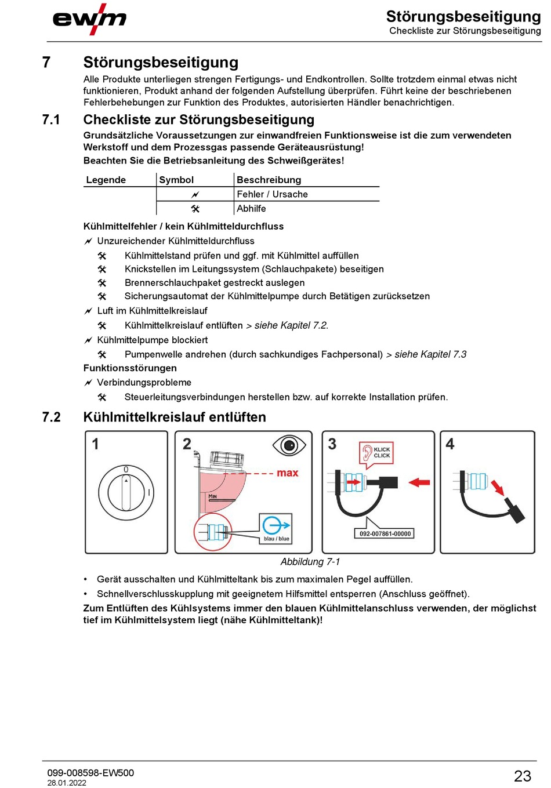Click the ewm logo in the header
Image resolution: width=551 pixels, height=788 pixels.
point(89,19)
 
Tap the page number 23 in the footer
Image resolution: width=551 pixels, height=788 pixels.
point(522,776)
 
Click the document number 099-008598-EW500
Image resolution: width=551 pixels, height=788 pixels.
point(90,772)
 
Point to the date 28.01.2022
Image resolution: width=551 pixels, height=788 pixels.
point(67,783)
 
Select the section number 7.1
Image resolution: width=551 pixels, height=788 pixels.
point(51,120)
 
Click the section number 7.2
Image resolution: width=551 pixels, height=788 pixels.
point(51,417)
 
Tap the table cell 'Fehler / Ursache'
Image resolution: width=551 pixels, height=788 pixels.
point(272,194)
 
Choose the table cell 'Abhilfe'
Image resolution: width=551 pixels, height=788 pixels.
point(251,209)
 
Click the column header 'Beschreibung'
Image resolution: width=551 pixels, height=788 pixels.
point(269,180)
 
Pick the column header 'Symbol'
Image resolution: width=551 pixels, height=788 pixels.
point(176,180)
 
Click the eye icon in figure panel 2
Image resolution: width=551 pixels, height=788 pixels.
point(289,445)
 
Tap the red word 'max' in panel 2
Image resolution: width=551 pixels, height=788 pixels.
point(287,473)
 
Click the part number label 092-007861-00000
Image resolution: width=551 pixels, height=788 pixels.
point(385,533)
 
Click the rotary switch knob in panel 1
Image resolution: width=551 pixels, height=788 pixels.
point(126,492)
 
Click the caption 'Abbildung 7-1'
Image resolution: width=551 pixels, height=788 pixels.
point(310,562)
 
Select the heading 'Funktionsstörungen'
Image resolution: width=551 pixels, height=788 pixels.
point(130,368)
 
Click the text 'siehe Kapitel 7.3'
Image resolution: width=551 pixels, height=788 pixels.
point(430,354)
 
